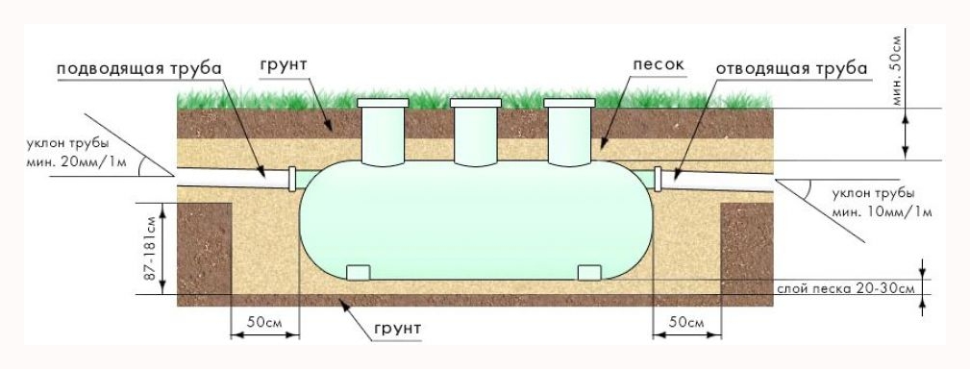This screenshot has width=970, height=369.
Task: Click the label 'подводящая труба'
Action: click(x=139, y=68)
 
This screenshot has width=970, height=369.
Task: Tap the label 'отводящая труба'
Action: click(x=792, y=68)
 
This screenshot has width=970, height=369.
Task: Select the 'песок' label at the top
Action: click(x=659, y=65)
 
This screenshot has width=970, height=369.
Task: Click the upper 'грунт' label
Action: click(x=284, y=66)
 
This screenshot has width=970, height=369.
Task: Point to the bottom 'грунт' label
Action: click(x=397, y=329)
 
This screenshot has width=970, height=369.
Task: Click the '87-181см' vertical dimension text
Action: click(x=149, y=249)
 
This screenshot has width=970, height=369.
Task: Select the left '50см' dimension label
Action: click(x=264, y=323)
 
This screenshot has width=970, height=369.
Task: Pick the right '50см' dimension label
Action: click(x=687, y=323)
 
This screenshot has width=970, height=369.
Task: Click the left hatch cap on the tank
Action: click(x=383, y=103)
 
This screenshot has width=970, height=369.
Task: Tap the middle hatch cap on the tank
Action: click(x=476, y=103)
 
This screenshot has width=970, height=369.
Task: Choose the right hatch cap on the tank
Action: click(x=568, y=103)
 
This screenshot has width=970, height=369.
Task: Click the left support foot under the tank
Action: click(x=358, y=272)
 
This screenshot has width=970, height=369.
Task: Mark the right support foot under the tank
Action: click(x=589, y=272)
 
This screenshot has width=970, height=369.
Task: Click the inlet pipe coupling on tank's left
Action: click(x=292, y=179)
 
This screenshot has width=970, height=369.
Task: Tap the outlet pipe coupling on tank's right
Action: click(x=659, y=180)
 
